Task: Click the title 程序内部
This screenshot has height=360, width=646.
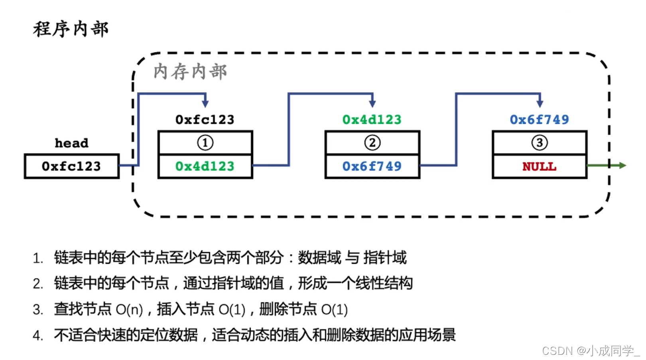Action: (x=71, y=29)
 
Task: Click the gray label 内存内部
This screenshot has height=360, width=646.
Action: (x=190, y=72)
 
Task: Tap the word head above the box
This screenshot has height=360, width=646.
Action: (x=71, y=143)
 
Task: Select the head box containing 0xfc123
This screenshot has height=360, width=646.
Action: (x=71, y=166)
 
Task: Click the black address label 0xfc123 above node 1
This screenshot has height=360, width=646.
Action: (x=205, y=120)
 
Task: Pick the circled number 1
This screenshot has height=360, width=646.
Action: (x=205, y=143)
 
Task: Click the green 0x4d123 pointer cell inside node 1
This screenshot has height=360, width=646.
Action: (x=205, y=166)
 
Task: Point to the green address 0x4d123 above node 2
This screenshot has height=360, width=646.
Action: (x=372, y=120)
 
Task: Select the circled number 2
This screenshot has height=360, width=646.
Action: (x=372, y=143)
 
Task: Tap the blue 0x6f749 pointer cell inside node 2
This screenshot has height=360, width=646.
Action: (x=372, y=166)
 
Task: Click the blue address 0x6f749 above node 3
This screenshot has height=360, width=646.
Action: (x=539, y=120)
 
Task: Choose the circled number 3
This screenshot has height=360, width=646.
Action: (x=539, y=143)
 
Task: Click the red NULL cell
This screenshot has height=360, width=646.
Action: (x=539, y=166)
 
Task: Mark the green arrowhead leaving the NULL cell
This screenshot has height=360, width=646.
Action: (x=622, y=165)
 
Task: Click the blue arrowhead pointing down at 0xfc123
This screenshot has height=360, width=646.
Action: (x=205, y=104)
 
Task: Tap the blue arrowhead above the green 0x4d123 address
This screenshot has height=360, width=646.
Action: (x=372, y=104)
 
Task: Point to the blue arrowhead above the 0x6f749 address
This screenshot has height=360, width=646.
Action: (x=540, y=104)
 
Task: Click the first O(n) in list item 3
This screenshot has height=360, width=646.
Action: (x=129, y=310)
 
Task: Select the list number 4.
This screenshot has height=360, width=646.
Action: (x=38, y=336)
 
